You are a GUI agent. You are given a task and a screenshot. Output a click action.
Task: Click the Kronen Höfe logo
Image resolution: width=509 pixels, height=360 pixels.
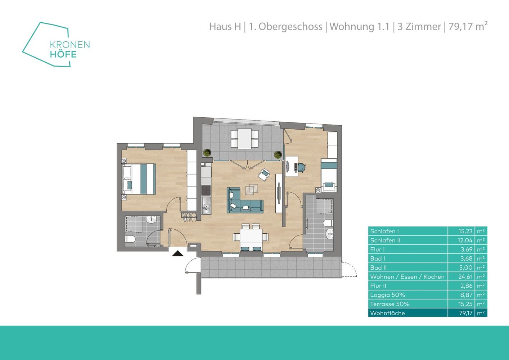click(56, 45)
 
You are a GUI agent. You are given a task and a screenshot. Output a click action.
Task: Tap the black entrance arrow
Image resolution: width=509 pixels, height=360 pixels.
click(178, 253)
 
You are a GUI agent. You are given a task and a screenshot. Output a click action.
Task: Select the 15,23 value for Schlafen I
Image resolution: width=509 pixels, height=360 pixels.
click(465, 231)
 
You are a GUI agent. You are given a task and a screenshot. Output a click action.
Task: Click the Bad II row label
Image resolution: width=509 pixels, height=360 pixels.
click(378, 268)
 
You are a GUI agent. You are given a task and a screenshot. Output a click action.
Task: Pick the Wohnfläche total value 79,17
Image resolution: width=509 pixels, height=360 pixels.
click(466, 313)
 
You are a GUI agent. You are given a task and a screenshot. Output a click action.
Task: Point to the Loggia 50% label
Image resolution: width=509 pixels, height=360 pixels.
click(387, 295)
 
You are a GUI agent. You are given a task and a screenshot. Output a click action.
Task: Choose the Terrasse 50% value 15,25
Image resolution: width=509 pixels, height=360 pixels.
click(465, 304)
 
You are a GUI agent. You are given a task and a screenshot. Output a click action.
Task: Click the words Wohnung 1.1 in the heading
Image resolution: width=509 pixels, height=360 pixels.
click(360, 27)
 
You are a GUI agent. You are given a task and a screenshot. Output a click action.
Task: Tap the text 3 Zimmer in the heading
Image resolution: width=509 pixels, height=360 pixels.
click(419, 27)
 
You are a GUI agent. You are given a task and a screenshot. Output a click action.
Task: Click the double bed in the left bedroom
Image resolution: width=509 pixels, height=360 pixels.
click(139, 179)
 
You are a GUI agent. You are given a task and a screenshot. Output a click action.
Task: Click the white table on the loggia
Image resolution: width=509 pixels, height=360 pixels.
click(244, 139)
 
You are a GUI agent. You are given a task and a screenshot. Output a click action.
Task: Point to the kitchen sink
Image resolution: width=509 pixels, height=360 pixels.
click(207, 206)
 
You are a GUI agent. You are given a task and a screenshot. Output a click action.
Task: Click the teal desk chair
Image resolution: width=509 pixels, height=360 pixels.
click(301, 167)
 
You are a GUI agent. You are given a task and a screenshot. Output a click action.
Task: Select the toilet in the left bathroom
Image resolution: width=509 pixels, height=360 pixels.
click(130, 239)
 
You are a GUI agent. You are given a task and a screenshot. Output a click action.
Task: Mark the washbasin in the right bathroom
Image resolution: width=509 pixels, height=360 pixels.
click(330, 233)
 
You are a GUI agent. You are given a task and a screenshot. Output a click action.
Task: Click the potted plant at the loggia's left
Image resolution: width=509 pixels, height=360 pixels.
click(207, 153)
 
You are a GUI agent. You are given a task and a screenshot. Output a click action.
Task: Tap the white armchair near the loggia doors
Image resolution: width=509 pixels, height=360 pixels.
click(264, 175)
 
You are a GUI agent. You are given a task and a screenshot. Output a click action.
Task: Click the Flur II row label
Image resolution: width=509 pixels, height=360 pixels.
click(378, 286)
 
